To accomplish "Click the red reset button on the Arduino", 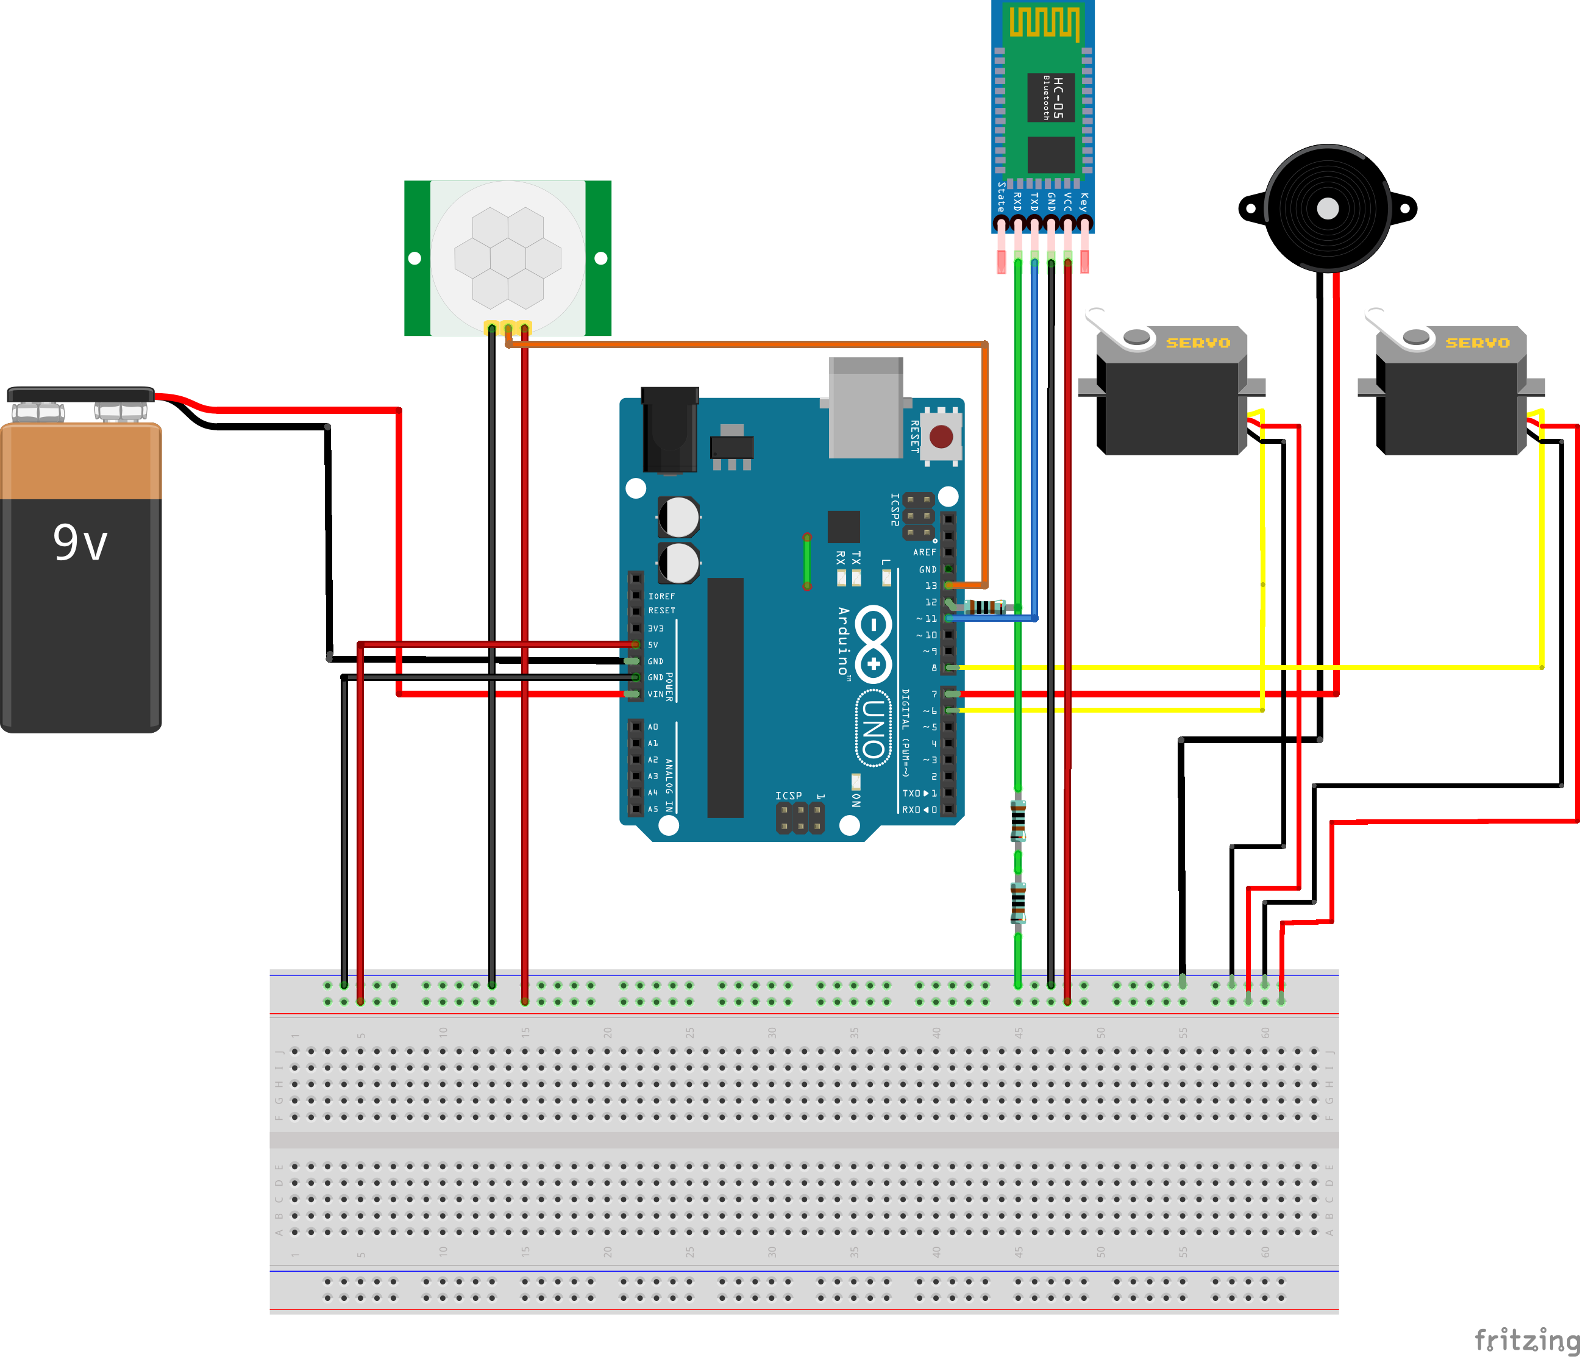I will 941,436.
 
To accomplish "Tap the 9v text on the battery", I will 80,543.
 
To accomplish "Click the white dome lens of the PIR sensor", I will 507,257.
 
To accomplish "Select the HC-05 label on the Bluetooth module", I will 1057,97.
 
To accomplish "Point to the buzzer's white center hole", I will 1328,208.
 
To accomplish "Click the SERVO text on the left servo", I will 1197,343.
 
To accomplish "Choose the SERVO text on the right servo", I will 1477,343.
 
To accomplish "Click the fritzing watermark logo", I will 1526,1339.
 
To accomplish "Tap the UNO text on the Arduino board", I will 874,728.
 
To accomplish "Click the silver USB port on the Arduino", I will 866,408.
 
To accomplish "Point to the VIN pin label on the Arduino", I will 655,694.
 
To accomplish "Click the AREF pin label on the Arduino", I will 924,552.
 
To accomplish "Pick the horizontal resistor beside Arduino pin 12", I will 984,607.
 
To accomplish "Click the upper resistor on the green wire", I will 1018,821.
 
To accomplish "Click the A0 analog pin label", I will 653,727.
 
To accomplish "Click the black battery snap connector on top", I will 80,394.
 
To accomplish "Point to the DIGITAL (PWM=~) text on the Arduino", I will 906,732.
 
